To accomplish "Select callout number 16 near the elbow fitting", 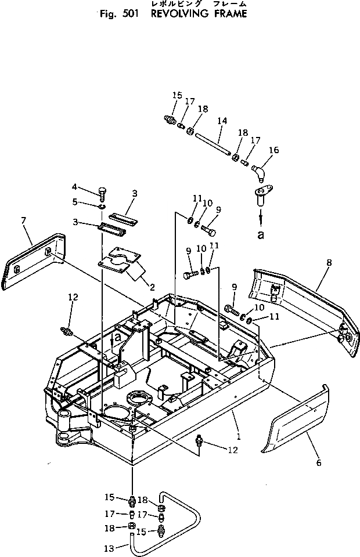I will pos(273,150).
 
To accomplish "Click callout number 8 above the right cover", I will pos(329,263).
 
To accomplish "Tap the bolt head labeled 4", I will pos(102,191).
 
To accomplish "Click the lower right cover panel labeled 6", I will pos(296,424).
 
